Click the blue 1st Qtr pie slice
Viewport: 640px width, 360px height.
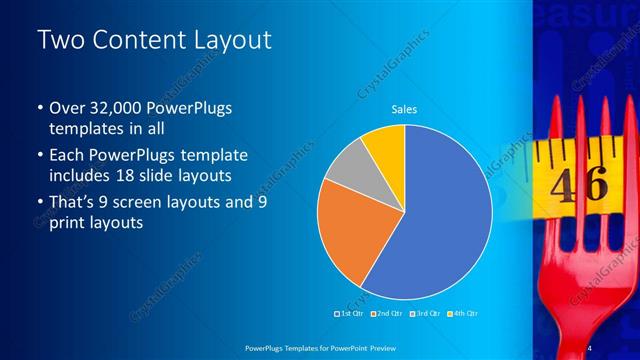[x=440, y=220]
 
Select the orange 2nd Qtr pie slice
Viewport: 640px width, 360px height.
[x=345, y=235]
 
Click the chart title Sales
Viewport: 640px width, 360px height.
[x=404, y=109]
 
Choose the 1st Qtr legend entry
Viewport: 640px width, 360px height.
[x=349, y=314]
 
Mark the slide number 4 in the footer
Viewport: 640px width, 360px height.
[x=589, y=347]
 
